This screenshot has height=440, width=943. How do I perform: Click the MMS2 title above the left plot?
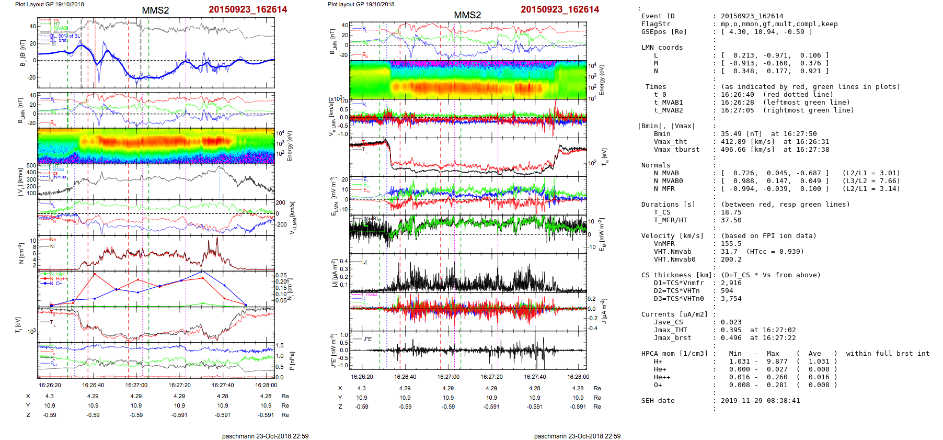155,10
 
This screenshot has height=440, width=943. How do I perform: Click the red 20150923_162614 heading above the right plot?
560,9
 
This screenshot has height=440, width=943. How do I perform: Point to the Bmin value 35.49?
731,134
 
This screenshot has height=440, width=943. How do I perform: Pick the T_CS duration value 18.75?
731,212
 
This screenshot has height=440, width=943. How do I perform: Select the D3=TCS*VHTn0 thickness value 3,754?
731,299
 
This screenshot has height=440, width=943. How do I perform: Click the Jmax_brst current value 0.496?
731,338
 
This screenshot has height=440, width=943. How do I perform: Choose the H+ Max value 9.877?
773,362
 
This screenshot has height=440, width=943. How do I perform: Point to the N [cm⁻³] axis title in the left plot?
21,253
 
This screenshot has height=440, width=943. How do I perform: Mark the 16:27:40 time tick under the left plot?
223,385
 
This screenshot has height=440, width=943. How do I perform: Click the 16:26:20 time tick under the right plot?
362,377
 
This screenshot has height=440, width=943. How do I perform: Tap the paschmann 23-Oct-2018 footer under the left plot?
265,436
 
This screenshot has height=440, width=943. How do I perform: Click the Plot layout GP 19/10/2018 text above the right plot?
361,4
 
